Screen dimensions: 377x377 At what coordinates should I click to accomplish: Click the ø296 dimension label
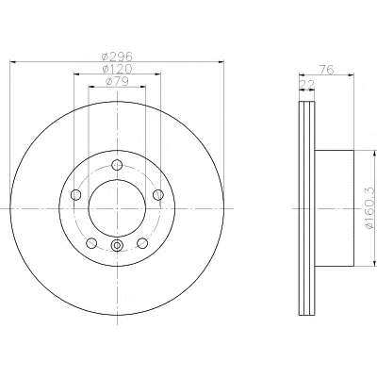pyautogui.click(x=117, y=57)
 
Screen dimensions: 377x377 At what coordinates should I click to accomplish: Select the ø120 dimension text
pyautogui.click(x=117, y=69)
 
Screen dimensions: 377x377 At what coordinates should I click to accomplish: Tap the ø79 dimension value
pyautogui.click(x=117, y=81)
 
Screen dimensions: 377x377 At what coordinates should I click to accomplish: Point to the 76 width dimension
pyautogui.click(x=326, y=70)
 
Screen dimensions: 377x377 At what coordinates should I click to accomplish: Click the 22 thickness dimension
pyautogui.click(x=307, y=84)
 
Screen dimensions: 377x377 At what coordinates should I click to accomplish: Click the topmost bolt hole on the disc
pyautogui.click(x=117, y=165)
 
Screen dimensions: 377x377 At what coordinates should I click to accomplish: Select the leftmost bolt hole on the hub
pyautogui.click(x=75, y=195)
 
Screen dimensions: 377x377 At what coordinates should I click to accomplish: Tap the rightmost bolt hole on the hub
pyautogui.click(x=158, y=195)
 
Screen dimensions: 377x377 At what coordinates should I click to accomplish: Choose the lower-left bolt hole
pyautogui.click(x=91, y=242)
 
